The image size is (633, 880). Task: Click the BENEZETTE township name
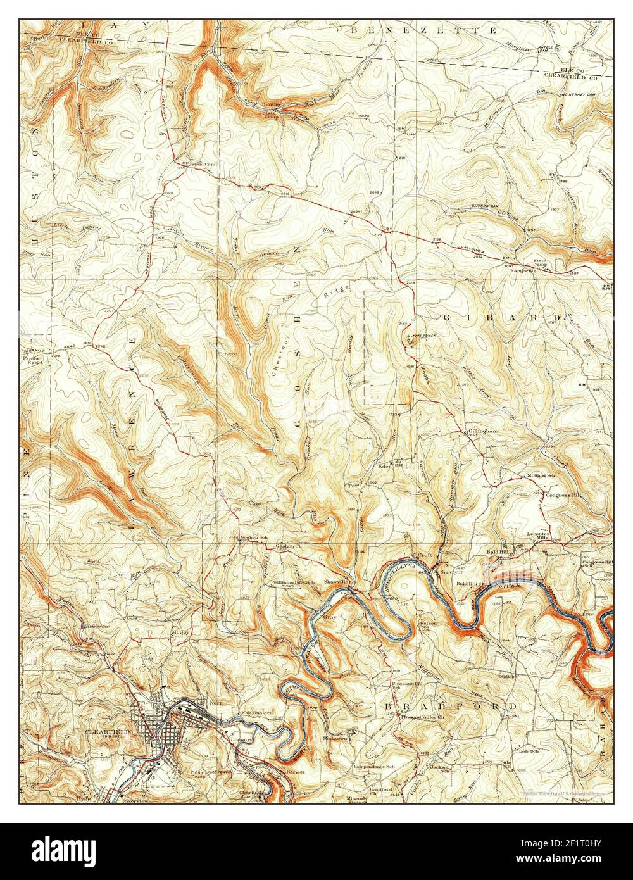coord(423,30)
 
